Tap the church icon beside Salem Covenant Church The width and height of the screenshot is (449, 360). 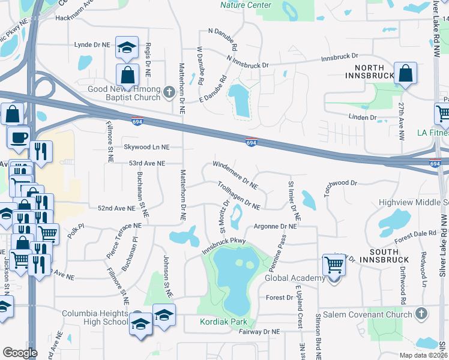point(422,314)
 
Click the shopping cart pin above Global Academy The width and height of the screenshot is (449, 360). point(334,265)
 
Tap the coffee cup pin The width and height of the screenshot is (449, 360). point(19,136)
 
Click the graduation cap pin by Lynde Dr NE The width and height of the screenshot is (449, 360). point(127,47)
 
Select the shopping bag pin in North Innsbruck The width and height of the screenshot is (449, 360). point(406,74)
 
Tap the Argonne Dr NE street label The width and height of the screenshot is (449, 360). point(276,227)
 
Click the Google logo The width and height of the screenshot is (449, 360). point(20,353)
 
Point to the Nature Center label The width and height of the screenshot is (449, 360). point(246,5)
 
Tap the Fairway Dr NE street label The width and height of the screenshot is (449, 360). point(258,331)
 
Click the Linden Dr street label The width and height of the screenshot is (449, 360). point(364,118)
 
